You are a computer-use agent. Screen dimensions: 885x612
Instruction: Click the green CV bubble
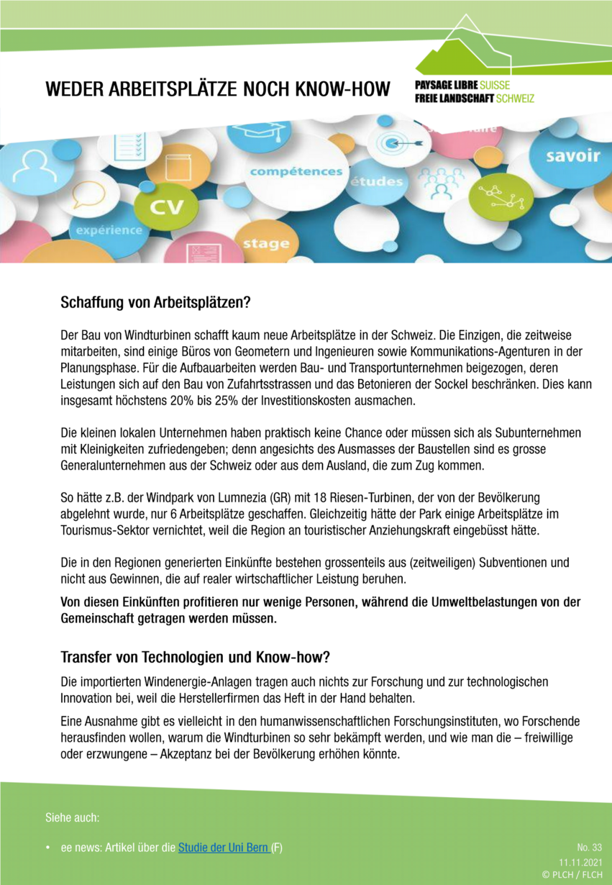(x=166, y=208)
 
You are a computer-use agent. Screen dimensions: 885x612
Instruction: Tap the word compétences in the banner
(x=296, y=172)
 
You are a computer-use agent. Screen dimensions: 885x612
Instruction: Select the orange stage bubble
(x=265, y=243)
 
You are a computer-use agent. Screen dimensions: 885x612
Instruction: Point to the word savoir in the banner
(x=572, y=155)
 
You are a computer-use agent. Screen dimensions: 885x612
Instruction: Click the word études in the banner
(x=376, y=181)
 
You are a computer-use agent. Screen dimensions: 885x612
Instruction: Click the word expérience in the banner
(x=105, y=230)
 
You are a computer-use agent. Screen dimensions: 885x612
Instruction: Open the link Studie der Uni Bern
(x=223, y=848)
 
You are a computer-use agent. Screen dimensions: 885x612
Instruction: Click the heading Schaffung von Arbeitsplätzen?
(x=155, y=303)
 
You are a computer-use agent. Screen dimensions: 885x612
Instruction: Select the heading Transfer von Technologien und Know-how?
(x=196, y=657)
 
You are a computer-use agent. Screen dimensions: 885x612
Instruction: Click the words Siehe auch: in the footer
(x=73, y=818)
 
